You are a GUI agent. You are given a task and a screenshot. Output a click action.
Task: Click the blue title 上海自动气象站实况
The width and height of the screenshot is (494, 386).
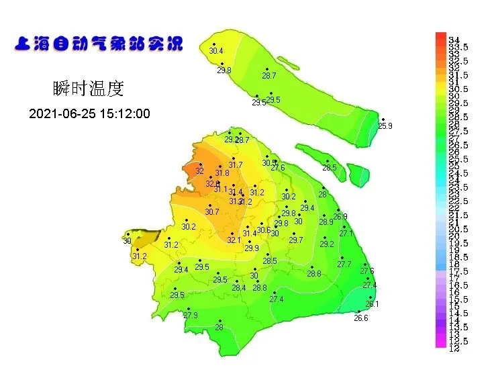[x=98, y=45]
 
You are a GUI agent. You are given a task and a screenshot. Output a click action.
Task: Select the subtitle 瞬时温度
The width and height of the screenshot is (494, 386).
[x=88, y=89]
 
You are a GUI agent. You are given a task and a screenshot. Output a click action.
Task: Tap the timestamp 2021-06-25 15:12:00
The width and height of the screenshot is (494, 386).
[x=89, y=114]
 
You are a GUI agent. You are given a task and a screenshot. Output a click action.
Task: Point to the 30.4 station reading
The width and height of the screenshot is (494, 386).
[x=216, y=51]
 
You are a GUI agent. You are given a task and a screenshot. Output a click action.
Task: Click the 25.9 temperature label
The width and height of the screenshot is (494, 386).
[x=385, y=126]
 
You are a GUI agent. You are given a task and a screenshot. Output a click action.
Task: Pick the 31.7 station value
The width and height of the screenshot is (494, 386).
[x=235, y=165]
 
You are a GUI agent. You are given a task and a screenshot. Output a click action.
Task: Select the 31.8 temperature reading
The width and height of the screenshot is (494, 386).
[x=222, y=173]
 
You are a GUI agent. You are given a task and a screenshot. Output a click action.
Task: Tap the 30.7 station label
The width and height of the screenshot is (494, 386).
[x=212, y=212]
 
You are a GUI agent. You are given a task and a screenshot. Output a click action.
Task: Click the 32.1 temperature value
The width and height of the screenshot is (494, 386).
[x=234, y=240]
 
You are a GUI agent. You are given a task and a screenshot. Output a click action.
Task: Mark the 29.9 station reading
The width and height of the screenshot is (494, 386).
[x=252, y=248]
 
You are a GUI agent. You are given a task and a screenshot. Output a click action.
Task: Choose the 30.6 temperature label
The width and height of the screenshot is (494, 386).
[x=264, y=230]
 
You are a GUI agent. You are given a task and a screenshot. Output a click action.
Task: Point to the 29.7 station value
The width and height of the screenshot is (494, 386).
[x=296, y=240]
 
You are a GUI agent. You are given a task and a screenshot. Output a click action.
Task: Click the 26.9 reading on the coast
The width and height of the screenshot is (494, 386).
[x=341, y=217]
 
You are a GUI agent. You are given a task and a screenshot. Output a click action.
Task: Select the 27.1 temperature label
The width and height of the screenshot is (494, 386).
[x=346, y=234]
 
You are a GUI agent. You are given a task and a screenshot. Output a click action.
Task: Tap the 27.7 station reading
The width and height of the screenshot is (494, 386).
[x=344, y=264]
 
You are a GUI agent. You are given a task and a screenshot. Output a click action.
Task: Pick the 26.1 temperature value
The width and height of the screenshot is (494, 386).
[x=372, y=304]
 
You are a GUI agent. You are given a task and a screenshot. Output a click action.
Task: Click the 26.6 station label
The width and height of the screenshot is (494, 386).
[x=361, y=318]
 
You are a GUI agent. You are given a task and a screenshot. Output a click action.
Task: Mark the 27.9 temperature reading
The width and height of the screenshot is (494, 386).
[x=191, y=316]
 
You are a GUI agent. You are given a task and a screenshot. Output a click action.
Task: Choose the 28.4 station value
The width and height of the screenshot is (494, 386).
[x=239, y=288]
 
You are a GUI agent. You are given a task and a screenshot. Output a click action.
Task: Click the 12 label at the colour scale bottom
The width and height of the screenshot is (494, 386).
[x=454, y=348]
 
